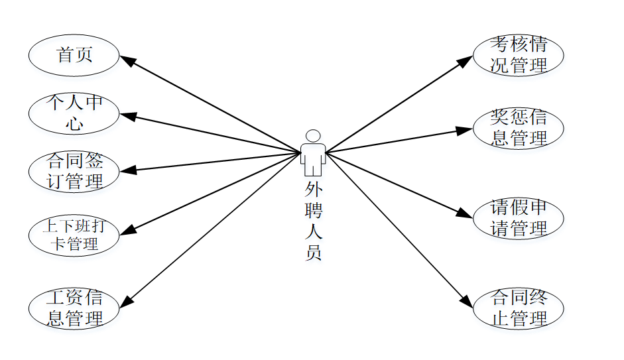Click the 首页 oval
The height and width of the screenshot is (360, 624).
[74, 55]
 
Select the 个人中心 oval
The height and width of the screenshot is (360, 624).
[74, 113]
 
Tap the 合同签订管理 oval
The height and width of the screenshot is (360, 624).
[74, 171]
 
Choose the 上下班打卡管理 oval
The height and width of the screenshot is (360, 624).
[74, 235]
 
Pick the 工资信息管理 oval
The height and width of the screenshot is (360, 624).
[74, 308]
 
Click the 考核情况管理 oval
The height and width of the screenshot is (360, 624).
[518, 55]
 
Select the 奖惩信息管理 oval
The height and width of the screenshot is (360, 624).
[518, 128]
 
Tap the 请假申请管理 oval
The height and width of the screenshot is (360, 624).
[518, 218]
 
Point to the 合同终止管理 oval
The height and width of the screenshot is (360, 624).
[518, 308]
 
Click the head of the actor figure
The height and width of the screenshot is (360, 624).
[312, 135]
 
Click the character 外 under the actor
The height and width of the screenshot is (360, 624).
[312, 190]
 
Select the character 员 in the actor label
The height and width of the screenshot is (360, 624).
[312, 253]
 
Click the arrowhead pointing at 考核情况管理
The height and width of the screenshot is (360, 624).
[466, 60]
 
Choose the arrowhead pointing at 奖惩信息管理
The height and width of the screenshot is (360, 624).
[466, 129]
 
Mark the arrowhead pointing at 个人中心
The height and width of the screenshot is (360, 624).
[127, 116]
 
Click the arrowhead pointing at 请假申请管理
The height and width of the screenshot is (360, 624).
[466, 214]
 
